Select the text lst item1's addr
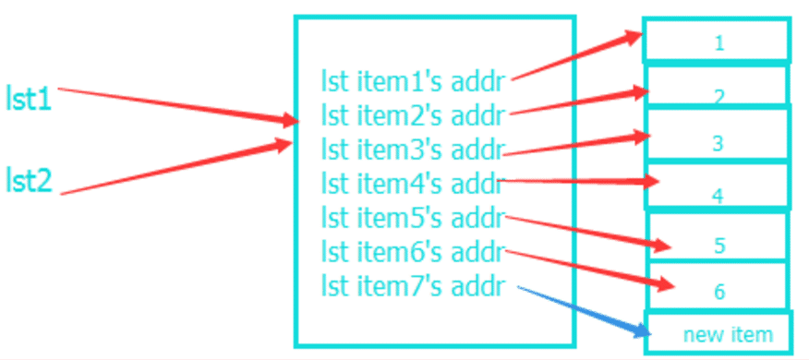pyautogui.click(x=413, y=81)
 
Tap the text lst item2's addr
pyautogui.click(x=413, y=115)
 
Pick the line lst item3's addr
pyautogui.click(x=413, y=150)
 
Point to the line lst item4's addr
pyautogui.click(x=413, y=183)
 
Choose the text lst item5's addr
pyautogui.click(x=413, y=217)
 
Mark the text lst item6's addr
pyautogui.click(x=413, y=250)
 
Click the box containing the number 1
pyautogui.click(x=718, y=42)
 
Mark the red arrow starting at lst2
pyautogui.click(x=175, y=167)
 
